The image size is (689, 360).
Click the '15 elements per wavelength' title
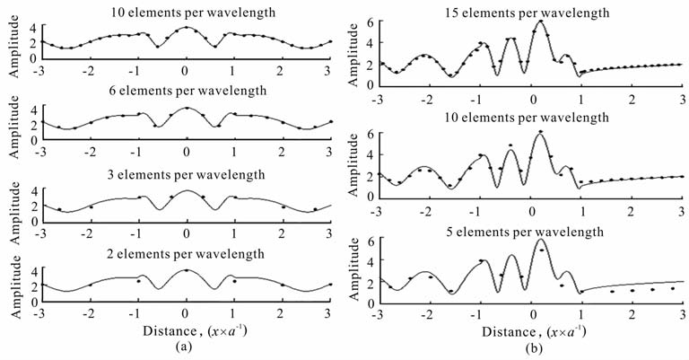point(528,11)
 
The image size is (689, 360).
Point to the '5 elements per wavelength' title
point(528,231)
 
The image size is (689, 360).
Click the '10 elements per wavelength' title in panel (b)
point(528,118)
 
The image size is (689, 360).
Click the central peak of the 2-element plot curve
point(186,270)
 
